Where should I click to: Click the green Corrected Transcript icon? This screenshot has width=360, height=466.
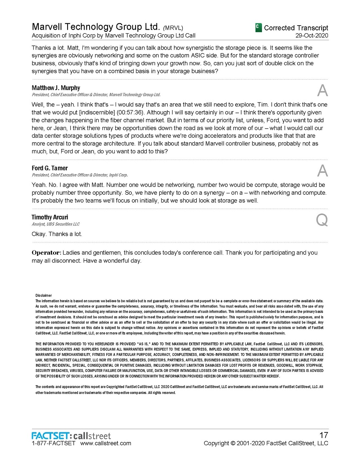pyautogui.click(x=258, y=28)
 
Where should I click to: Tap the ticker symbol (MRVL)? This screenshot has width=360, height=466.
pyautogui.click(x=173, y=28)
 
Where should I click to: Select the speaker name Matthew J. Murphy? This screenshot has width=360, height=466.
pyautogui.click(x=56, y=88)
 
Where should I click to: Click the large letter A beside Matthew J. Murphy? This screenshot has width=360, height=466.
pyautogui.click(x=322, y=91)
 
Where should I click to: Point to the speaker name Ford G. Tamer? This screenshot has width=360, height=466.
pyautogui.click(x=50, y=168)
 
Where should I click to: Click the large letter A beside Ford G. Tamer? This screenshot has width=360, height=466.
pyautogui.click(x=322, y=171)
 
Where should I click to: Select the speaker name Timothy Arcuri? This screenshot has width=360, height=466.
pyautogui.click(x=50, y=217)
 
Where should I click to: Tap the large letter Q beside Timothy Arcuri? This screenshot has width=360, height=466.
pyautogui.click(x=322, y=220)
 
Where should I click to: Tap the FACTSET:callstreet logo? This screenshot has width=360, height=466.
pyautogui.click(x=71, y=436)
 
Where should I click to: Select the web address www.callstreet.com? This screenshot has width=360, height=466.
pyautogui.click(x=106, y=443)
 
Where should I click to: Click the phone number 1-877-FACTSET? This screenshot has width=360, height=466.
pyautogui.click(x=53, y=443)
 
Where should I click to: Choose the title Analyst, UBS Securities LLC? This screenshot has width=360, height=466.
pyautogui.click(x=56, y=224)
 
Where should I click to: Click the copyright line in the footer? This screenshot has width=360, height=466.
pyautogui.click(x=266, y=443)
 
